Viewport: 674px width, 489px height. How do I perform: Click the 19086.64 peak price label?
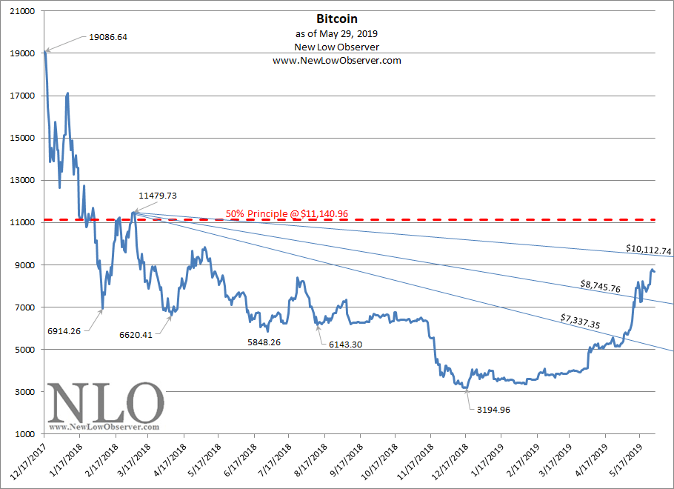click(108, 37)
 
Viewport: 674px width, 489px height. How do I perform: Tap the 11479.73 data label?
click(158, 196)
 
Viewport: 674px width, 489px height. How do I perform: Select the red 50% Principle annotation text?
click(287, 214)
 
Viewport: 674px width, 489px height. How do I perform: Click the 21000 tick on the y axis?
click(24, 11)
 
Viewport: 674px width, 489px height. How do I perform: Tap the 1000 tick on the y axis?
click(27, 434)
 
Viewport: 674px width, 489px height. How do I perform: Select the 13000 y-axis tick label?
click(24, 180)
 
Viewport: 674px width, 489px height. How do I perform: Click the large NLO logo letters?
click(105, 404)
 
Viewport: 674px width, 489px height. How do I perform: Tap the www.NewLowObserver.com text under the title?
click(337, 61)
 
